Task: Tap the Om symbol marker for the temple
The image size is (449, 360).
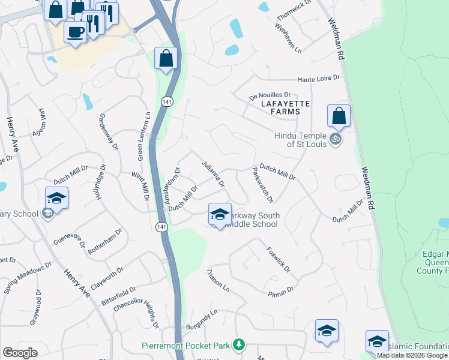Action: coord(336,139)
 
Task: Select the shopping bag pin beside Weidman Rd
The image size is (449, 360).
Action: coord(339,116)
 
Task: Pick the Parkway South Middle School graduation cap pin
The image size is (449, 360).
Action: coord(220,214)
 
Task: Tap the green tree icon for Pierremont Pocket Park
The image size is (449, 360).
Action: coord(240,344)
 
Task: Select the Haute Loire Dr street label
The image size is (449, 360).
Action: coord(319,79)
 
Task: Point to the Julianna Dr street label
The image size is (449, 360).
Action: coord(213,173)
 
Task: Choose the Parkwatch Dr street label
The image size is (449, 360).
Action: coord(263,184)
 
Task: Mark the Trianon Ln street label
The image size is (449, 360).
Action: coord(218,280)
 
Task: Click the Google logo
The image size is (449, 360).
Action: coord(20,353)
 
